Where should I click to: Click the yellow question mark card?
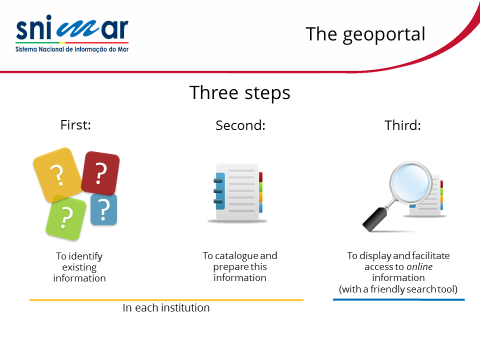(x=57, y=175)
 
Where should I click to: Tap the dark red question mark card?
(x=100, y=173)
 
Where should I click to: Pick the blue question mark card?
(x=104, y=209)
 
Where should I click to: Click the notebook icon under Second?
(x=238, y=192)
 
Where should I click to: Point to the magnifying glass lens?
(x=410, y=183)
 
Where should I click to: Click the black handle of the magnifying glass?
(x=374, y=219)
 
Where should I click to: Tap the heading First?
(x=75, y=125)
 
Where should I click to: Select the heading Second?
(x=240, y=125)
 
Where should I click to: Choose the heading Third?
(x=402, y=125)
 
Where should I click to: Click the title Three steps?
(x=239, y=93)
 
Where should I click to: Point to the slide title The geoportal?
(x=365, y=34)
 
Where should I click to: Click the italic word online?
(x=419, y=266)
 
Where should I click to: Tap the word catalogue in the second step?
(x=236, y=256)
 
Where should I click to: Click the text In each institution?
(x=166, y=307)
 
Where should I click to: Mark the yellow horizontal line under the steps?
(x=166, y=300)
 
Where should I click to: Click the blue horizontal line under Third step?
(x=399, y=299)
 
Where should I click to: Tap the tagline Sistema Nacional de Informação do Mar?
(x=72, y=49)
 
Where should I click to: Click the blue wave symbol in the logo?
(x=78, y=29)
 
